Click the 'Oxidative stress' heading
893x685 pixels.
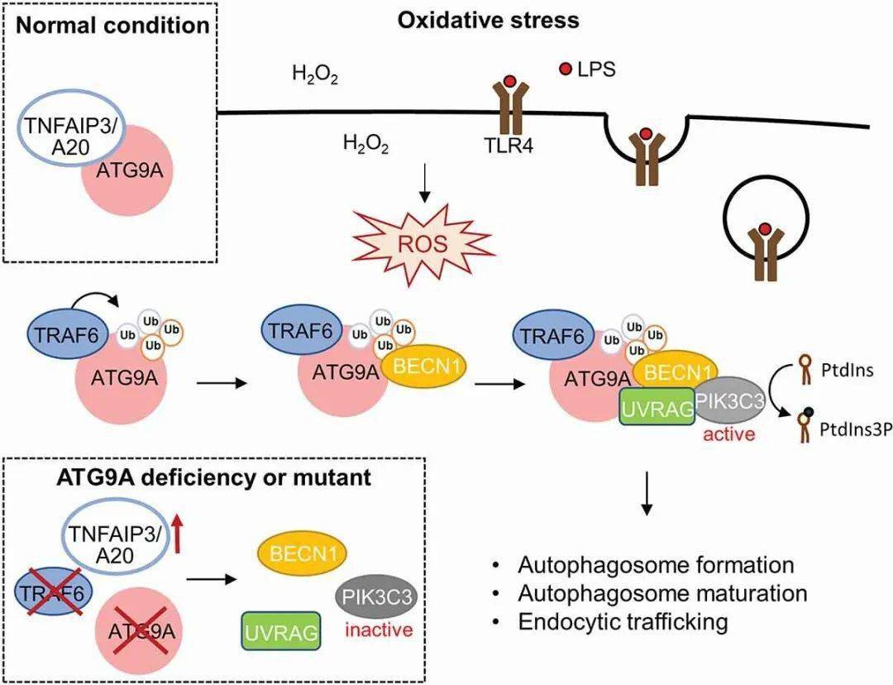[488, 21]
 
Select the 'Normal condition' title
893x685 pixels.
[113, 24]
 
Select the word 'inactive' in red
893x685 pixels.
[380, 630]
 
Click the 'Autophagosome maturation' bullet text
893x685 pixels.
[661, 593]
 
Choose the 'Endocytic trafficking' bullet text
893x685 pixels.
[623, 621]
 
